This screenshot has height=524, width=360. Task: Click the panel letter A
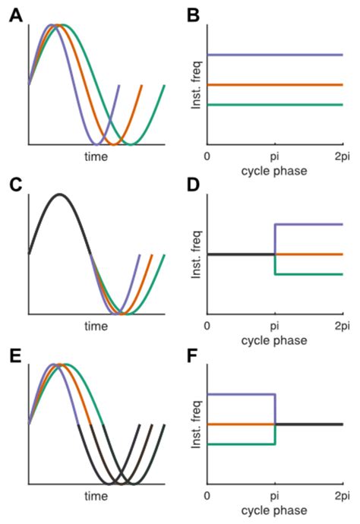pos(16,15)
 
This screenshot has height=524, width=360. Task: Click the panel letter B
pos(193,15)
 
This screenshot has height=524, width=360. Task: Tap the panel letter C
pos(16,185)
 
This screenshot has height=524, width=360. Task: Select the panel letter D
pos(193,185)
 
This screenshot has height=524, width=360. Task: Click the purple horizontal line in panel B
pos(275,55)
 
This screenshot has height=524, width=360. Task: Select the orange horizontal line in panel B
pos(275,85)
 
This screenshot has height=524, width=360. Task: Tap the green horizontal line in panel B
pos(275,105)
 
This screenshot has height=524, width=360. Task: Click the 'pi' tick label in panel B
pos(274,156)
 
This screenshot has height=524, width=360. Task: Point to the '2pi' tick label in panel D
pos(343,326)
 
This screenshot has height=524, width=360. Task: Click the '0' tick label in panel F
pos(207,495)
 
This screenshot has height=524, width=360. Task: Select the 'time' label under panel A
pos(96,156)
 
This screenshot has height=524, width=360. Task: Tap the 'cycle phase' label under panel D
pos(274,340)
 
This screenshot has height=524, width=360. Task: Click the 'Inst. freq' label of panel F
pos(196,425)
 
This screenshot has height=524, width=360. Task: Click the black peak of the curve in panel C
pos(60,194)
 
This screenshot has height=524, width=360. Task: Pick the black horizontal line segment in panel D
pos(241,254)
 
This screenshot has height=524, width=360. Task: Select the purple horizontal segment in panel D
pos(309,224)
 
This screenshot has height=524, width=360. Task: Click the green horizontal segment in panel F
pos(241,444)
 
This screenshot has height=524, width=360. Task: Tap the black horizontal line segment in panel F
pos(309,424)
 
